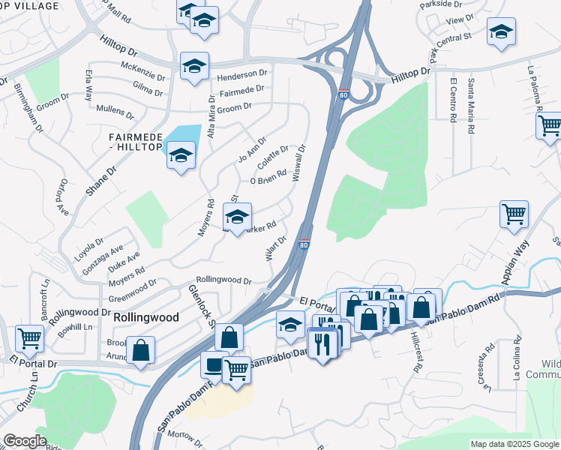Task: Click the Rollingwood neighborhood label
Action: [146, 317]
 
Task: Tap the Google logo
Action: [24, 441]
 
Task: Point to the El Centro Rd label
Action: [453, 101]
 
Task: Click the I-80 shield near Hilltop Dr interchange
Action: [343, 95]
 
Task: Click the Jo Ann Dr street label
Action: [252, 148]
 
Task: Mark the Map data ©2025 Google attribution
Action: [514, 444]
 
